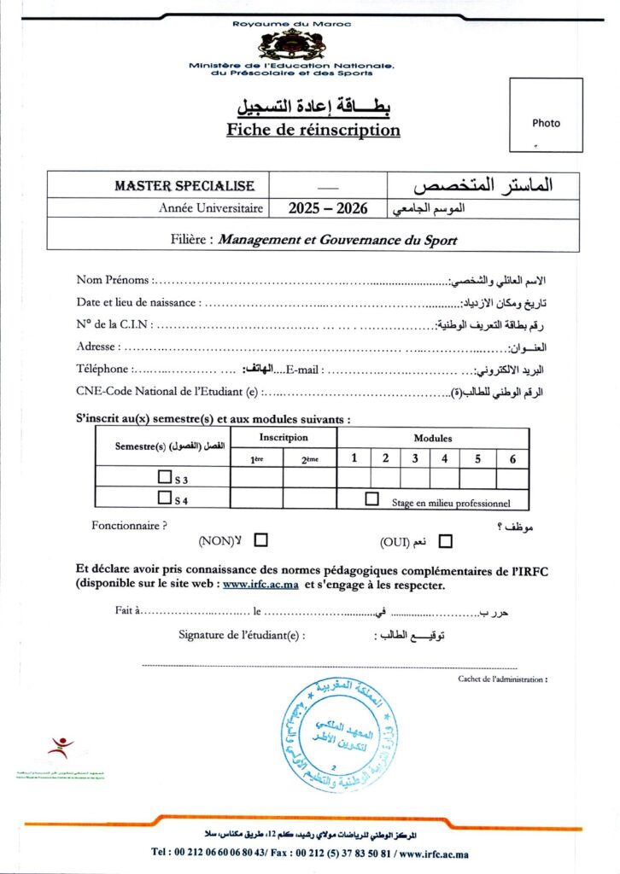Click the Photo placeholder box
coord(546,115)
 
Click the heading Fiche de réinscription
coord(313,131)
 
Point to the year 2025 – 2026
coord(327,207)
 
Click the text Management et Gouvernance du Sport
coord(337,240)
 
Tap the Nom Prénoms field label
coord(114,279)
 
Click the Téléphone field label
coord(103,369)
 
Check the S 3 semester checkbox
coord(165,477)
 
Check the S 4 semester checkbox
coord(165,498)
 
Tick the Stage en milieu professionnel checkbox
coord(371,499)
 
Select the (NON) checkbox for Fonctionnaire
coord(261,539)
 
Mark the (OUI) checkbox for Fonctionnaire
coord(445,540)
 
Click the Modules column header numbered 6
coord(512,458)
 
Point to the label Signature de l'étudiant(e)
coord(242,634)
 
